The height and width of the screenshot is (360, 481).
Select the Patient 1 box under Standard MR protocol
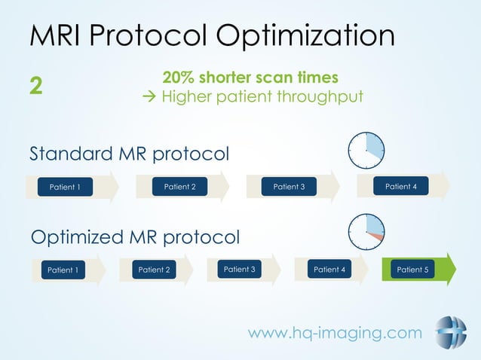(x=65, y=187)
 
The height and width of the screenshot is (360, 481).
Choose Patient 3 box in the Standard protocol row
(x=289, y=186)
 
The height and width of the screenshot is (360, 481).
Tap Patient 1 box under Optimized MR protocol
(x=63, y=270)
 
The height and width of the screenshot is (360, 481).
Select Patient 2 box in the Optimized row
(x=154, y=270)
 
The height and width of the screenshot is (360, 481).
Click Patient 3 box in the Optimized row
(x=240, y=269)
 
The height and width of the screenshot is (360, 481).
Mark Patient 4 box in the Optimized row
(x=329, y=269)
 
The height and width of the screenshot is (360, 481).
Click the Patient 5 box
(x=412, y=269)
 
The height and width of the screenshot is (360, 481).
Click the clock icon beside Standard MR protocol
(x=367, y=150)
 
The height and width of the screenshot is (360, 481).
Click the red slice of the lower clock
(x=379, y=237)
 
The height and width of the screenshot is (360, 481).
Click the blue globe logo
(x=450, y=332)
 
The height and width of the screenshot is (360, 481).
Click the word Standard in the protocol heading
(x=71, y=154)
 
